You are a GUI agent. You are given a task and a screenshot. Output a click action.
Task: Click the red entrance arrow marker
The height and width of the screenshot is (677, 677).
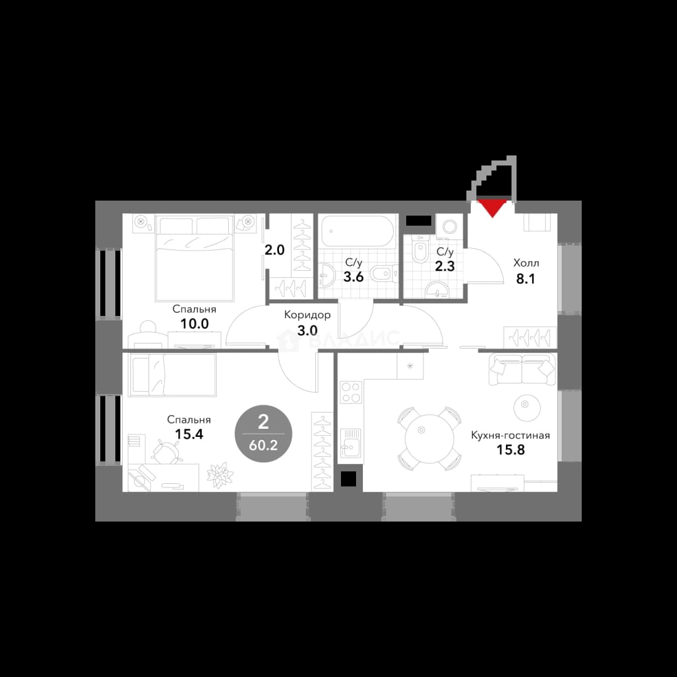[493, 208]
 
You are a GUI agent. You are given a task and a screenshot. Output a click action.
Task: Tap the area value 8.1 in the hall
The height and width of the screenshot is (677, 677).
[526, 279]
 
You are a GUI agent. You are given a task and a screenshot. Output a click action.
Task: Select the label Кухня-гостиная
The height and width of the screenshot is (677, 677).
[510, 435]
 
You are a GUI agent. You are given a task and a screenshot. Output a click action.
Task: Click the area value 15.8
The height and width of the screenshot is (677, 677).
[510, 450]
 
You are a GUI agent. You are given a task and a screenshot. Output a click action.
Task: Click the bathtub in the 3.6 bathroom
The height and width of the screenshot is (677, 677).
[357, 231]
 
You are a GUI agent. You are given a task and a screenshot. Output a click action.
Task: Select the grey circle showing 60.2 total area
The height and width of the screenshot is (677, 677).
[263, 434]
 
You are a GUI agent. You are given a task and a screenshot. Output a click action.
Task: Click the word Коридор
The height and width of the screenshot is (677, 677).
[307, 315]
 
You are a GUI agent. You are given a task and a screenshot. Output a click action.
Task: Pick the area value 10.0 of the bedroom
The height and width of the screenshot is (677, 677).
[194, 323]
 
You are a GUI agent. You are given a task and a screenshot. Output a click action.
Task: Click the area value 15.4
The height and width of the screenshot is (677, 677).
[189, 434]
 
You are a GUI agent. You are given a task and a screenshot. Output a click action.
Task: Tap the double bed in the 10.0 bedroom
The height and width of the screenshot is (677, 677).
[194, 259]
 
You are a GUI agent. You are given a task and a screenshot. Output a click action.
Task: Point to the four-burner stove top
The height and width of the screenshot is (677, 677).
[351, 392]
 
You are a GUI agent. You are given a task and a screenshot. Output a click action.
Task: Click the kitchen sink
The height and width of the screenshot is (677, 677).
[350, 443]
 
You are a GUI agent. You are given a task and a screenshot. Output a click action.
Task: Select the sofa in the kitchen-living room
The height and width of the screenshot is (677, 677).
[522, 369]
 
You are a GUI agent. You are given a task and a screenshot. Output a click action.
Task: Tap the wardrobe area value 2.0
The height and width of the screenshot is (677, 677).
[275, 249]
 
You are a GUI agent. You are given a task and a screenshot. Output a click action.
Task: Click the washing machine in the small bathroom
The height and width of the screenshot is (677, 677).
[449, 227]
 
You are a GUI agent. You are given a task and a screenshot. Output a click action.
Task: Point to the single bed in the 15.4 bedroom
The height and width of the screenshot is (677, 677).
[172, 375]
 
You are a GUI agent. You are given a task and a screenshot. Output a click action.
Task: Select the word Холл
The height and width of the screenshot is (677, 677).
[526, 263]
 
